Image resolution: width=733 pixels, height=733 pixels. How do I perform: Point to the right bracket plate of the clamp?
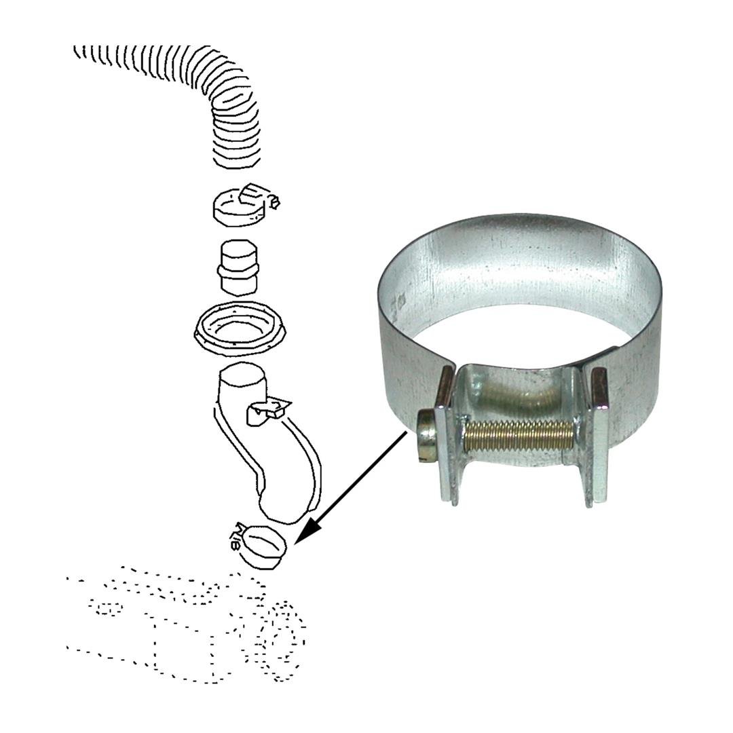tap(597, 434)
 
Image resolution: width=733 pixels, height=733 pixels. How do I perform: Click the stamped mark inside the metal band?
tap(401, 299)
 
